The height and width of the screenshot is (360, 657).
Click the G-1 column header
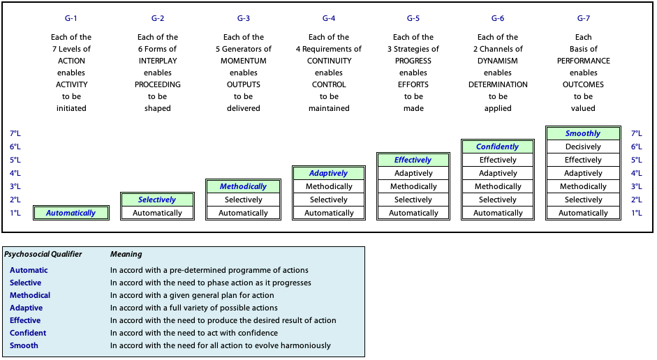(x=71, y=18)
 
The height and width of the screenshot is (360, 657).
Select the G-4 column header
(x=329, y=18)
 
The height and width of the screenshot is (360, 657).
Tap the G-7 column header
(x=583, y=18)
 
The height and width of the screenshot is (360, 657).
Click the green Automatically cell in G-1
(x=71, y=213)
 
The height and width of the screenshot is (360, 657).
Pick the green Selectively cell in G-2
(x=158, y=200)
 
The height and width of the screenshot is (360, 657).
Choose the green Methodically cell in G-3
(x=244, y=186)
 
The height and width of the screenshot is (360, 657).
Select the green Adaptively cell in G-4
(x=329, y=173)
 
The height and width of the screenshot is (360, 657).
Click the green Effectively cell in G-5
(x=413, y=160)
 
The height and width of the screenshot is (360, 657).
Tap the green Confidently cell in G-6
(x=498, y=147)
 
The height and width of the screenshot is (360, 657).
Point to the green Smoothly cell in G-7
(x=583, y=133)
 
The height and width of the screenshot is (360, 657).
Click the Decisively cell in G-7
(x=583, y=147)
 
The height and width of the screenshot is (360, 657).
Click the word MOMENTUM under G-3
(x=244, y=61)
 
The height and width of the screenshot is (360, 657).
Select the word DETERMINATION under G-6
(x=498, y=84)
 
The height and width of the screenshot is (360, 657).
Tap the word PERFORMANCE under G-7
(x=583, y=61)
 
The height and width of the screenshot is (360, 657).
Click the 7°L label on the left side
(x=15, y=133)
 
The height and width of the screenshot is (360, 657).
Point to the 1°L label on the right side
(x=637, y=213)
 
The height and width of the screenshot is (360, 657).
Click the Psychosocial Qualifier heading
(x=43, y=254)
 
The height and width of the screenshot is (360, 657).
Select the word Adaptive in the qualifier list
(x=26, y=308)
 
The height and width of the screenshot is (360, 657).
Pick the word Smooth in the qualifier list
(x=24, y=345)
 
